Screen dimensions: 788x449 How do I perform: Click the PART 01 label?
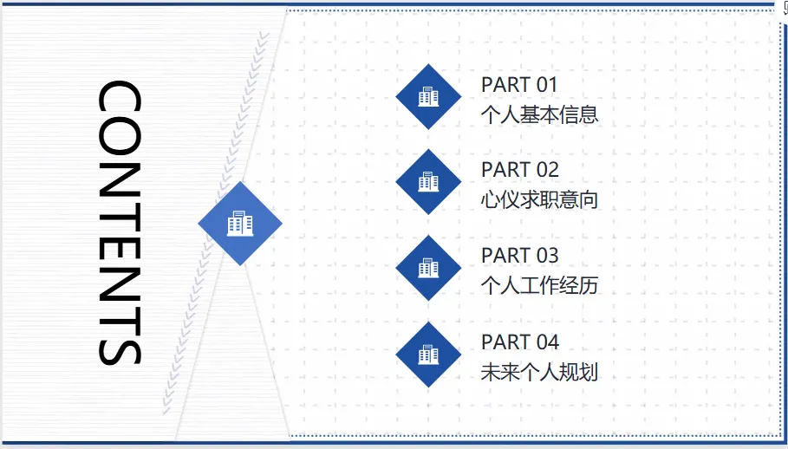tap(519, 85)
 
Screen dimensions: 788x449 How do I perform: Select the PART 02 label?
tap(520, 170)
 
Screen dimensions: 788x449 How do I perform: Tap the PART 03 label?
tap(520, 256)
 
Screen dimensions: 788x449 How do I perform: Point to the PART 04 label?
tap(520, 342)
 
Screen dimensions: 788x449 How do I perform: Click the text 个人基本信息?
tap(539, 114)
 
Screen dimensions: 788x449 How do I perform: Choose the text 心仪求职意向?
tap(539, 199)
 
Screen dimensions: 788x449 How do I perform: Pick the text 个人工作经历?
tap(539, 285)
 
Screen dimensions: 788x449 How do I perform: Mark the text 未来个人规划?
tap(539, 372)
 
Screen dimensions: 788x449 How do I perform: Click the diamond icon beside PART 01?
tap(428, 96)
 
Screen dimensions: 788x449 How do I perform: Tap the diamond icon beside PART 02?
tap(428, 182)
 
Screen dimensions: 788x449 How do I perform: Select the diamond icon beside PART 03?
tap(428, 268)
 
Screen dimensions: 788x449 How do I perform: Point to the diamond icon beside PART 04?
tap(428, 354)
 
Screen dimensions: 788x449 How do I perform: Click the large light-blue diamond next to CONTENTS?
tap(240, 224)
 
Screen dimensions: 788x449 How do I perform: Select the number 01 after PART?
tap(547, 85)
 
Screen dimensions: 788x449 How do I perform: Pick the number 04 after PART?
tap(547, 342)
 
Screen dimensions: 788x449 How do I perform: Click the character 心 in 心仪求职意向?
tap(491, 199)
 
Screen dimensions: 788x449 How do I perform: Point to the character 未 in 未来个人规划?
tap(491, 372)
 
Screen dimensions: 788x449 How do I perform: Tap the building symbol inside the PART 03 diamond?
tap(428, 268)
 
